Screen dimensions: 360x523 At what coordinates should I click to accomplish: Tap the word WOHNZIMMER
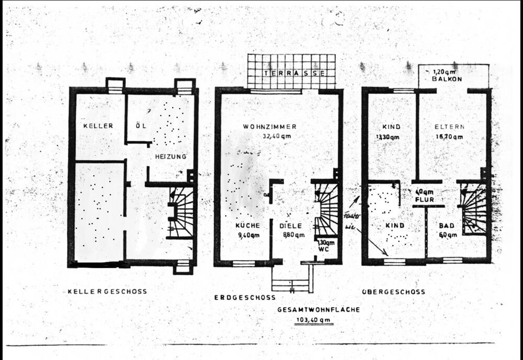pos(270,127)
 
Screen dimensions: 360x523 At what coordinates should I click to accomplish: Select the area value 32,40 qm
pos(275,136)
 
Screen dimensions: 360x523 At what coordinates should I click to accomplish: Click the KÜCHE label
pos(248,226)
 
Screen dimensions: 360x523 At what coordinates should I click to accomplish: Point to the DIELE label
pos(291,226)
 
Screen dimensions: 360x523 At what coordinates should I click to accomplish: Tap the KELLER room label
pos(98,126)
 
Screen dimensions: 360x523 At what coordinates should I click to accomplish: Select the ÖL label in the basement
pos(139,126)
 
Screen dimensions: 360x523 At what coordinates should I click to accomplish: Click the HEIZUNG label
pos(170,156)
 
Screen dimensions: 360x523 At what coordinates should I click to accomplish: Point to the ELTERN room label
pos(449,127)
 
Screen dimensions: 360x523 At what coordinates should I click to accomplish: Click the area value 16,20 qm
pos(449,137)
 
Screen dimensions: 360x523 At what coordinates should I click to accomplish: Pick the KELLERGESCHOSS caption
pos(107,291)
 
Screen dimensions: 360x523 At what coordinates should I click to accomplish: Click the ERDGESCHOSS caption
pos(245,297)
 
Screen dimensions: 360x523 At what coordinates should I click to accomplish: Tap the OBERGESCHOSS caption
pos(393,291)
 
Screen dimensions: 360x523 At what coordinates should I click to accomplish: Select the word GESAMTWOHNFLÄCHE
pos(319,309)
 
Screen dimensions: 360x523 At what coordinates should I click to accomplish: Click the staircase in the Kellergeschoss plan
pos(181,212)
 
